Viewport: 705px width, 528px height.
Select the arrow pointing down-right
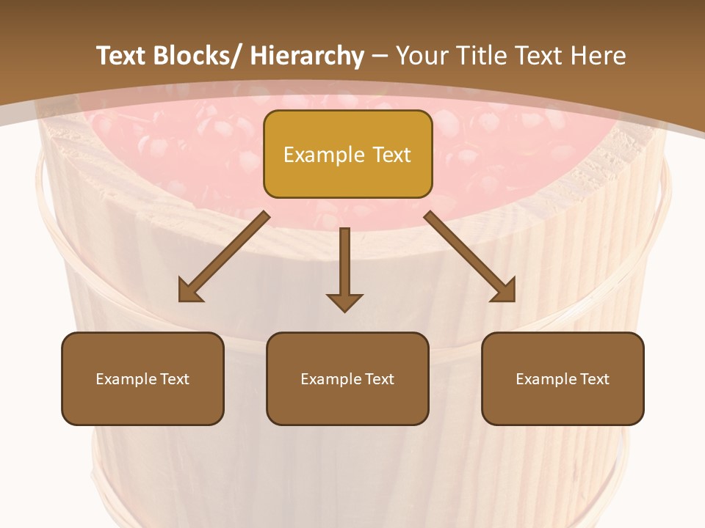[470, 257]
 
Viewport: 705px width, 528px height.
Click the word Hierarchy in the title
[306, 56]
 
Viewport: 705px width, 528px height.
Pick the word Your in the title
[423, 56]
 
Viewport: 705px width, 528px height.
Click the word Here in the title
[599, 56]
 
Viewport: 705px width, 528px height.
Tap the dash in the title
[380, 56]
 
